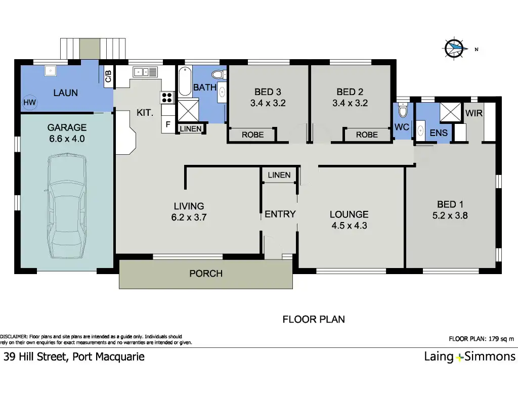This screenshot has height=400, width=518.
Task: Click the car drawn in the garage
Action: click(67, 205)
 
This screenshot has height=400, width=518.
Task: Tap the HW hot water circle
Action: click(29, 102)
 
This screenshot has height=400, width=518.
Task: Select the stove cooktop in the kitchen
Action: click(167, 98)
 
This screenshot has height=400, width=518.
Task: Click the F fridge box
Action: click(168, 124)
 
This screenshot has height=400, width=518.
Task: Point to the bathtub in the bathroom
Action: click(185, 81)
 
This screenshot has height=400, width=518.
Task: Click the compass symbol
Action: click(455, 49)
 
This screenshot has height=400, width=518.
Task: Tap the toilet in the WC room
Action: click(403, 110)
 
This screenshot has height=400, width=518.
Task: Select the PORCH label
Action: click(206, 274)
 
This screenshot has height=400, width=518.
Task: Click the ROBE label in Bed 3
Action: click(253, 135)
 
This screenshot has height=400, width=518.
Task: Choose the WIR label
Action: click(473, 113)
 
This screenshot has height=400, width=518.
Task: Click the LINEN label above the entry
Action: click(279, 175)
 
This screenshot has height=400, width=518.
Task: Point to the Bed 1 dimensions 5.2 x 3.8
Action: click(450, 216)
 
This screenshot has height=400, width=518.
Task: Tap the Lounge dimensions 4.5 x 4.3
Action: click(349, 226)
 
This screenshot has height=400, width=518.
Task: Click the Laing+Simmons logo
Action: click(469, 357)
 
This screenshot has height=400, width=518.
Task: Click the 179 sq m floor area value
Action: click(501, 339)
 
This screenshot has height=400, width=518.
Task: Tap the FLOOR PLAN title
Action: click(314, 320)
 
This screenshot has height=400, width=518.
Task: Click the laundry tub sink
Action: click(50, 71)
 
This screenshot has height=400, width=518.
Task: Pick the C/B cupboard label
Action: click(108, 76)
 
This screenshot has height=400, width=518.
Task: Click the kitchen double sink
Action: click(145, 72)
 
